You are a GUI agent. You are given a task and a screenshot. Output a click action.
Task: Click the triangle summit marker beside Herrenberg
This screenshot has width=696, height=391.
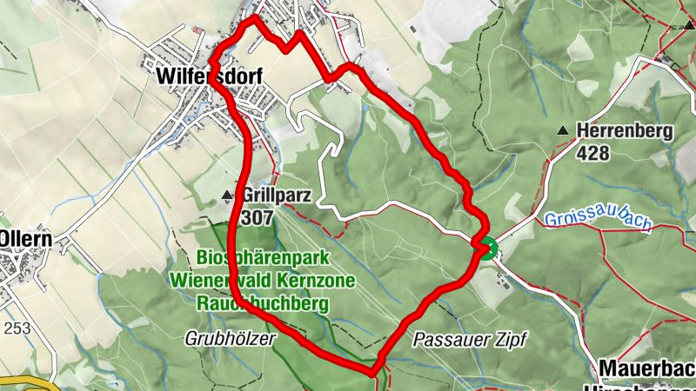[563, 131]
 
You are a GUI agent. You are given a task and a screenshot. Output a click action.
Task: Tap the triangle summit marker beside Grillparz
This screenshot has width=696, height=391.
[228, 195]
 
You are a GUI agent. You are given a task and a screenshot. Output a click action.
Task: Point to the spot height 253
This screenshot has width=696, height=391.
[15, 328]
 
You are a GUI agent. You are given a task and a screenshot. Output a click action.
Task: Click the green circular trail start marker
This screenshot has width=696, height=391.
[485, 249]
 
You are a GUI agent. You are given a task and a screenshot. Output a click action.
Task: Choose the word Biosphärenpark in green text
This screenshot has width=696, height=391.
[248, 258]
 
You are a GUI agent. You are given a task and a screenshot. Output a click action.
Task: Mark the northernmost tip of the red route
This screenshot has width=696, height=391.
[254, 17]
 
